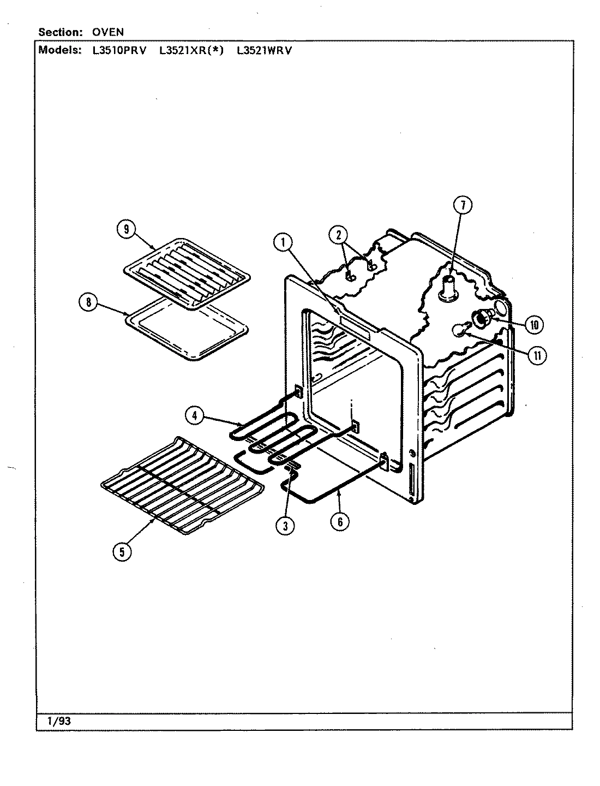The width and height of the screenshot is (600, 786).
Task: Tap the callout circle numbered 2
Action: pos(338,235)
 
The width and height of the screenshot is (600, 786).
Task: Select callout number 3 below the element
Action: pos(285,525)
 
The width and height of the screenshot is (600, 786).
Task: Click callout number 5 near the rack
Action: pos(122,552)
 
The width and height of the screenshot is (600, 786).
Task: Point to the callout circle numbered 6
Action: pos(339,521)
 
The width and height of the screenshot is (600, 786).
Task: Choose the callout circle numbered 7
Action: pos(462,206)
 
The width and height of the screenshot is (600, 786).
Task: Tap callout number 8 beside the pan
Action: pos(88,303)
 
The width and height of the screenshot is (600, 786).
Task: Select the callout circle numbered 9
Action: pos(126,230)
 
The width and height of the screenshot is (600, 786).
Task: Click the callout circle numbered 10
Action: pos(533,325)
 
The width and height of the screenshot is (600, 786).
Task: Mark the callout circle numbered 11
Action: pos(537,356)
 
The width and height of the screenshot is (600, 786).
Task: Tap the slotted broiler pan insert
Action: pos(188,270)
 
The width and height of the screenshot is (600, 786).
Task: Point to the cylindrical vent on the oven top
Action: pos(448,288)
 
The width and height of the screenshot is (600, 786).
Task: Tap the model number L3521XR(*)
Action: pos(191,51)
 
